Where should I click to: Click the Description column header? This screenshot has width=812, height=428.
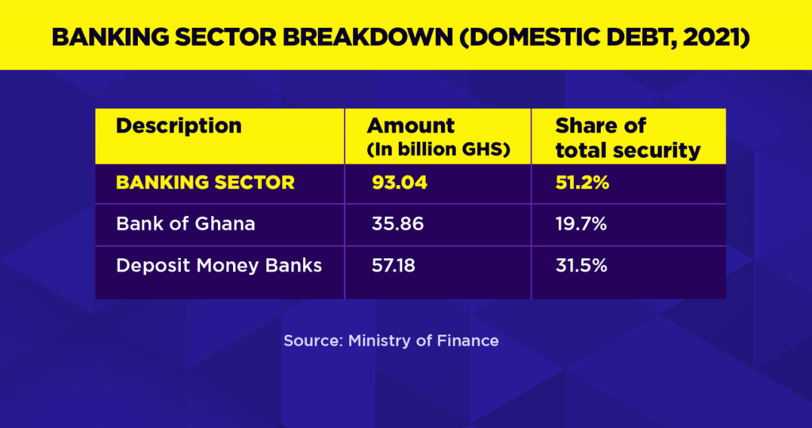178,125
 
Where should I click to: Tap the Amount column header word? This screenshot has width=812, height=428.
411,125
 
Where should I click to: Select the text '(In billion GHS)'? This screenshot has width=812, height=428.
438,149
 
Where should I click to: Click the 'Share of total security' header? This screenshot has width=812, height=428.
627,137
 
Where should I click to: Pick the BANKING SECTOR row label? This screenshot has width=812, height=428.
205,183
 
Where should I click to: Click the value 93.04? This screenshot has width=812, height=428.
399,183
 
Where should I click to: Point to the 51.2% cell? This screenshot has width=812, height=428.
581,183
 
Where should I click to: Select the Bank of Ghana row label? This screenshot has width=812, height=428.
186,224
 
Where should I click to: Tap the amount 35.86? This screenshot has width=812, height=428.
397,224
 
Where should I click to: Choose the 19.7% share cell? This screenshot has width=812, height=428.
580,224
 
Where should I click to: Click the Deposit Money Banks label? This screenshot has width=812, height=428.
219,265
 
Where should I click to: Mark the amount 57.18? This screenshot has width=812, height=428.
395,265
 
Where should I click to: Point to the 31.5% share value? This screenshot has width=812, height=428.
580,265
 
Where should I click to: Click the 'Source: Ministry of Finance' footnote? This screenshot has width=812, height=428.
391,341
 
